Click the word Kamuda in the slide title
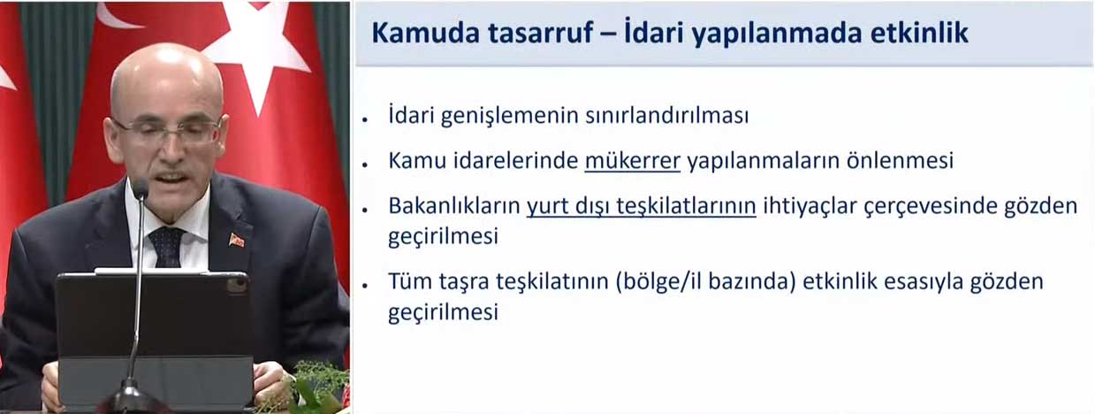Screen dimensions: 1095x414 [x=426, y=33]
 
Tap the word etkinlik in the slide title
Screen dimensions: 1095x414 [x=917, y=33]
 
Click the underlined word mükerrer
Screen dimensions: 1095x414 [x=632, y=161]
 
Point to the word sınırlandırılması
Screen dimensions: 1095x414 [x=666, y=116]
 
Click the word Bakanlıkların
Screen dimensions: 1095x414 [x=454, y=206]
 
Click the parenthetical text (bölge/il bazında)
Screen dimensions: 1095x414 [x=706, y=282]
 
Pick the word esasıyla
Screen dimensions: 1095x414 [x=923, y=282]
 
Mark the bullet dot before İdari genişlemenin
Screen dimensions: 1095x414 [x=365, y=119]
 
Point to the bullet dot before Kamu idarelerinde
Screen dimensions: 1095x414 [x=365, y=164]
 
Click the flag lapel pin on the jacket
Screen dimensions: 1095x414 [x=236, y=241]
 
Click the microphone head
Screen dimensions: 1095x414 [x=141, y=189]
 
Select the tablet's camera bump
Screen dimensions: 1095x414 [x=236, y=286]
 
